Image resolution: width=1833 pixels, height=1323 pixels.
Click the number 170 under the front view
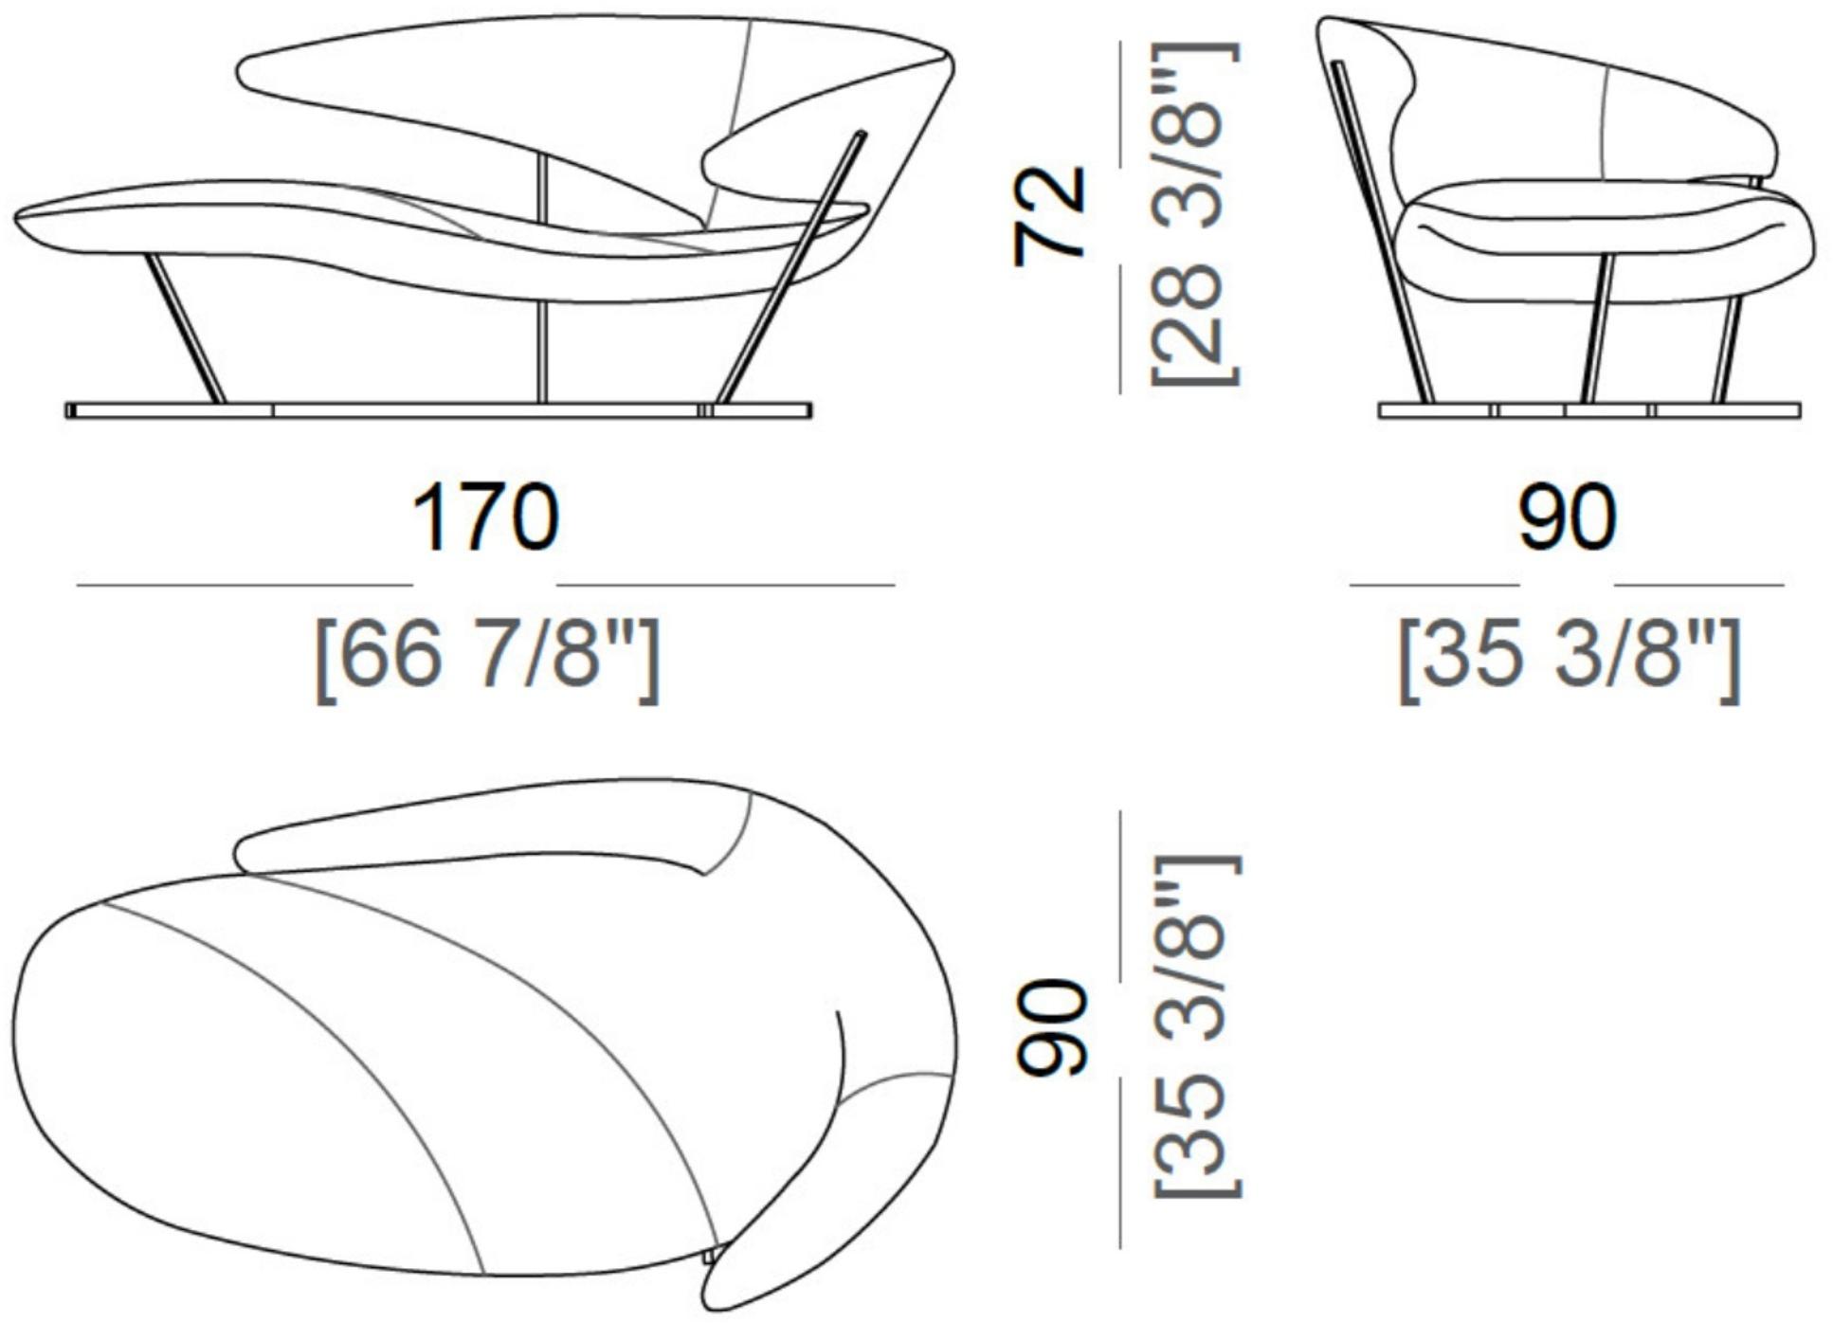[x=485, y=517]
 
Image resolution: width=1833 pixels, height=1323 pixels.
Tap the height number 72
[x=1048, y=216]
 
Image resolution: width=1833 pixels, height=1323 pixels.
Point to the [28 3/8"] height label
[x=1194, y=213]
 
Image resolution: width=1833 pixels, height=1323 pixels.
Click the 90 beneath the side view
[x=1567, y=517]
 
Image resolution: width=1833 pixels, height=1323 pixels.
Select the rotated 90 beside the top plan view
[x=1048, y=1028]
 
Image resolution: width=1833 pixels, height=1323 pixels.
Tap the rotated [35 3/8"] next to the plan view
[x=1194, y=1026]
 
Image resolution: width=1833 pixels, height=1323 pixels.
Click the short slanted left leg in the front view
[x=185, y=328]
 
